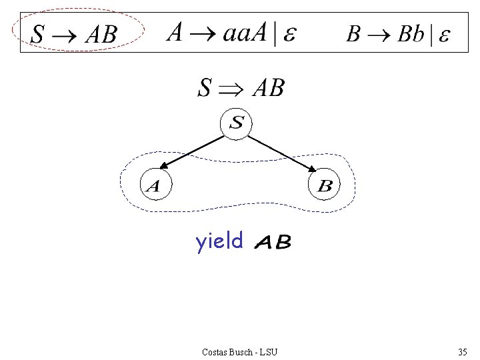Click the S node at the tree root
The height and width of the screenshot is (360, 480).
coord(237,123)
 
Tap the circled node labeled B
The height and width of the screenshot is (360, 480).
coord(325,186)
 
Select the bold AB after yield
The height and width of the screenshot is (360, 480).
coord(273,243)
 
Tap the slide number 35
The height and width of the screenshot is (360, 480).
coord(463,351)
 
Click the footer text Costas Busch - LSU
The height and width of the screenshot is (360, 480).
coord(239,351)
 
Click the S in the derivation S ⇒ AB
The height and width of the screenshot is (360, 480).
coord(206,87)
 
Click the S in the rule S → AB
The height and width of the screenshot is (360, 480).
coord(39,34)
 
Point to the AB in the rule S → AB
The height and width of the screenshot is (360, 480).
coord(101,34)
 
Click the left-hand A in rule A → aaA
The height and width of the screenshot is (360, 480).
coord(175,33)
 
